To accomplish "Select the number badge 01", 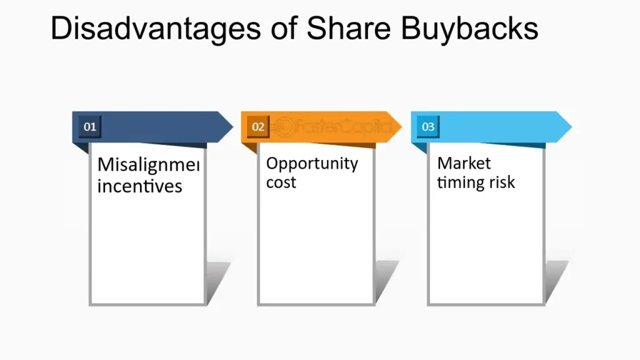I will coord(91,127).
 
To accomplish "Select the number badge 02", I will coord(258,127).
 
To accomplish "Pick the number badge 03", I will coord(428,127).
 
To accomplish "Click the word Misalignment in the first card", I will coord(149,166).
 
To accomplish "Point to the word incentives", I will coord(140,186).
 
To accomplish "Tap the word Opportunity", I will coord(312,164).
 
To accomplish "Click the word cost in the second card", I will coord(281,182).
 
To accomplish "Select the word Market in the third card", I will coord(464,163).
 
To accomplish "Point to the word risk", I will coord(503,182).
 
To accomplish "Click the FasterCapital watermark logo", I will coord(334,127).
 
